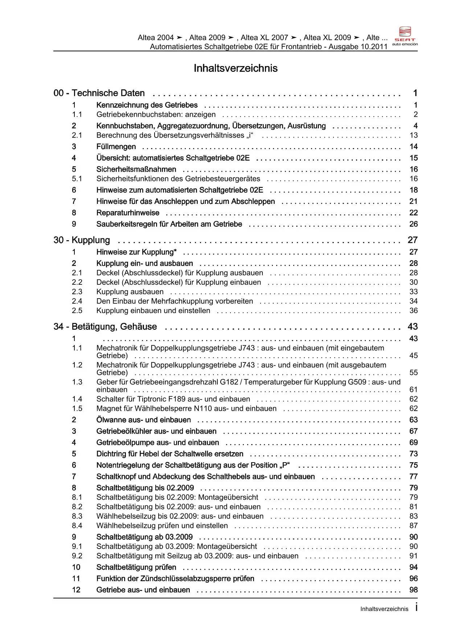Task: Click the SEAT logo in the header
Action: click(x=405, y=36)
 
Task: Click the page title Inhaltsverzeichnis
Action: click(x=236, y=68)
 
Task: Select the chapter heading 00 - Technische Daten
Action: click(x=99, y=93)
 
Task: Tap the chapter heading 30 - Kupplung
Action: click(x=82, y=240)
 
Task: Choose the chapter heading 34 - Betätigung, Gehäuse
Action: click(x=105, y=327)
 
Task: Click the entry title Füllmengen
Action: click(x=116, y=147)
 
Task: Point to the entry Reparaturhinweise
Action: click(x=128, y=213)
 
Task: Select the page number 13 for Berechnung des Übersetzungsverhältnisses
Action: click(x=413, y=135)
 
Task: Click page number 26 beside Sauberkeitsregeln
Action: click(x=413, y=224)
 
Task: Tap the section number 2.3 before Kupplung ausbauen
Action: click(x=77, y=292)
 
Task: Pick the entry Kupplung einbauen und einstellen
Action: click(x=153, y=311)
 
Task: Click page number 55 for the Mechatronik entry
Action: click(x=413, y=373)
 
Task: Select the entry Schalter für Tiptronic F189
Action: click(x=173, y=399)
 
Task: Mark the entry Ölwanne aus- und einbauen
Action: click(x=143, y=420)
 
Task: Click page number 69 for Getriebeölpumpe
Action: click(x=413, y=443)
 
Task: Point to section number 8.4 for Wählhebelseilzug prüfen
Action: click(x=77, y=526)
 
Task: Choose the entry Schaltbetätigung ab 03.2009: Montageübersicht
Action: click(x=176, y=546)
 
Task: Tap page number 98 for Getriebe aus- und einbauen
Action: click(x=413, y=590)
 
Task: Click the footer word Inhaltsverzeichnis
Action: click(x=384, y=609)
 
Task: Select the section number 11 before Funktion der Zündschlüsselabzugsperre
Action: click(x=76, y=579)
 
